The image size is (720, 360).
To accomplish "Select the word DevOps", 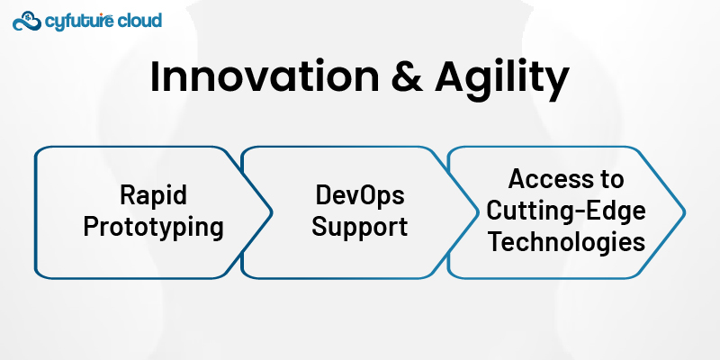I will click(359, 197).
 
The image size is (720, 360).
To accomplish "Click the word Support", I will click(359, 228).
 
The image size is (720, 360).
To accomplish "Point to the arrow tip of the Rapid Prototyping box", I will click(273, 212).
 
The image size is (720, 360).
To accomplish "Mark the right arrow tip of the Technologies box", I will click(686, 212).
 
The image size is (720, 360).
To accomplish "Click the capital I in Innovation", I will click(156, 79).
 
